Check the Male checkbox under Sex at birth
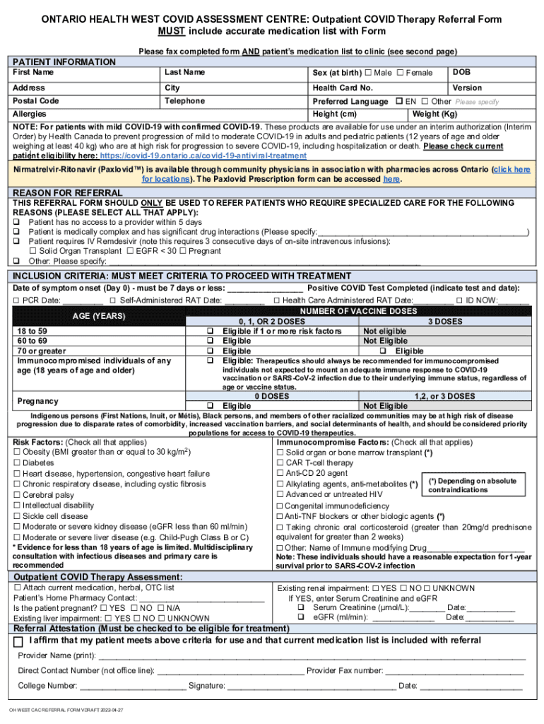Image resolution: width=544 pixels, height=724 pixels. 368,73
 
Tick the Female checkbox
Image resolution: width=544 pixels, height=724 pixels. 401,73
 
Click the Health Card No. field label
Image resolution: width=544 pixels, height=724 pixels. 343,88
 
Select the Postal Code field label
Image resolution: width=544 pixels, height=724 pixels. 36,100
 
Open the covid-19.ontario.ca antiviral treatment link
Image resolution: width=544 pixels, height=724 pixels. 203,156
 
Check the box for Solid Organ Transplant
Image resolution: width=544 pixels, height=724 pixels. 32,251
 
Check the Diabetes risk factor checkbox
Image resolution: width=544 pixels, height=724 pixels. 17,463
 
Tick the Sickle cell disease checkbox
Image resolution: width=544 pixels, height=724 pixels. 17,516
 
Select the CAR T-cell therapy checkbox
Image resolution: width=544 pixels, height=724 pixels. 280,463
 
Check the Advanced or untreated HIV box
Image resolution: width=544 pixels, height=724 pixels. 280,494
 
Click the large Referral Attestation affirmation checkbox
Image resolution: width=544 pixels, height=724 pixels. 20,641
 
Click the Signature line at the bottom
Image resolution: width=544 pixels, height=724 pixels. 311,685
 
